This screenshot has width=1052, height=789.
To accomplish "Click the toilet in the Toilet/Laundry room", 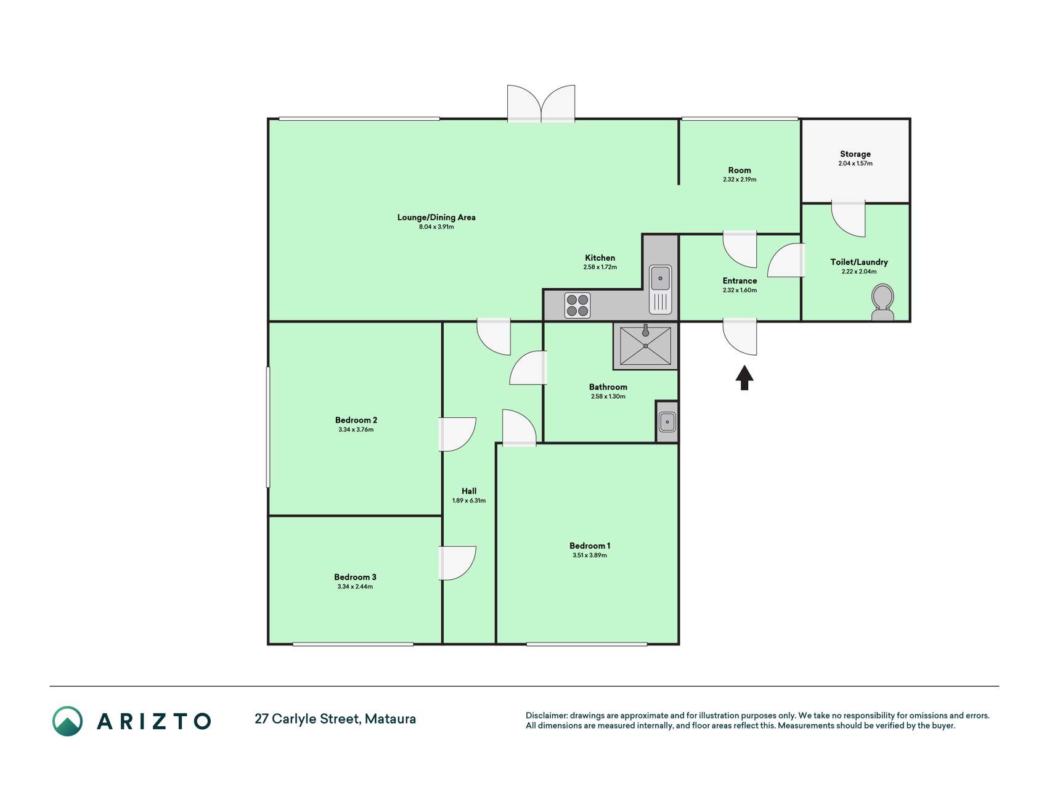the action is [x=883, y=302].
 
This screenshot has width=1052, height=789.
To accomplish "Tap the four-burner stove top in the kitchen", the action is [x=577, y=305].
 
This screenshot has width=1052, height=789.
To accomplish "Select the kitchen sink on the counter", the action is [x=660, y=289].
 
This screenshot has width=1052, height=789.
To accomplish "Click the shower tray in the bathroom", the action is [x=645, y=346].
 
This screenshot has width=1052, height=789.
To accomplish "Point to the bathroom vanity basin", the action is [x=667, y=422].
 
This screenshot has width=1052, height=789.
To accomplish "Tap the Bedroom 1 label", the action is [x=590, y=546].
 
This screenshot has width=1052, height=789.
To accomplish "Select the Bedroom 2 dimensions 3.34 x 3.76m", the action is [x=356, y=430].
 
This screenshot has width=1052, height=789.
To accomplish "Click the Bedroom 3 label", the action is [x=355, y=577].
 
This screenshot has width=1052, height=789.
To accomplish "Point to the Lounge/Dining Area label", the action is [x=436, y=217].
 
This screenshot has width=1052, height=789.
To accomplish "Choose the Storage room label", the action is [x=855, y=154].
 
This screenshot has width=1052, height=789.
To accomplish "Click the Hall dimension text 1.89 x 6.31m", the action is [x=469, y=501].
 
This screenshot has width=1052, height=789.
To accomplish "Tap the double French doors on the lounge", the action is [x=541, y=103].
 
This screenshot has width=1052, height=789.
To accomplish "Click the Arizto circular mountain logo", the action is [x=67, y=721].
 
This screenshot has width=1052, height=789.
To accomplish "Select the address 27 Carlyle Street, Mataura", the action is [x=335, y=719].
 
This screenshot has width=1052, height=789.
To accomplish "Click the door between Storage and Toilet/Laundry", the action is [x=848, y=219].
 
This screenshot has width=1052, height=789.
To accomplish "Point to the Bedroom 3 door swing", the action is [x=457, y=563].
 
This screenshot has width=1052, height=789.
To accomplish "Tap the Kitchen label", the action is [x=600, y=258].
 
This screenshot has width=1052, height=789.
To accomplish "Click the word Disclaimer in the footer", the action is [x=546, y=716].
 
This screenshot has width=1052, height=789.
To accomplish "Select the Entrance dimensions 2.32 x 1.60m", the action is [x=740, y=290].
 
